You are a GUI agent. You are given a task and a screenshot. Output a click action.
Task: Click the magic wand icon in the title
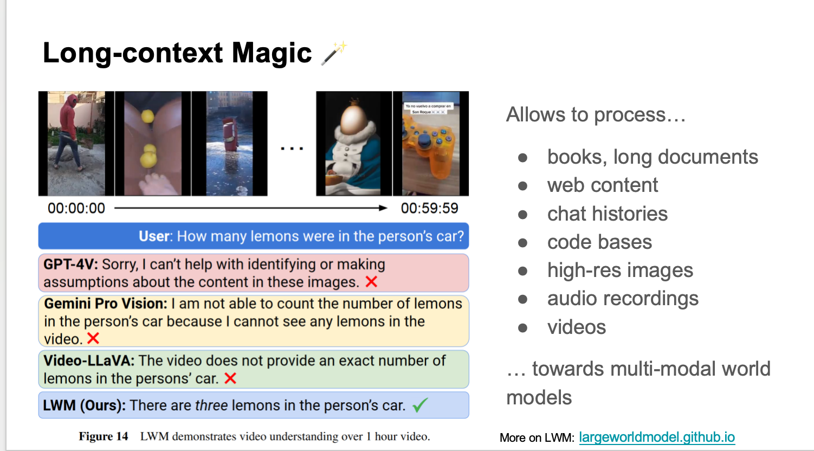(334, 53)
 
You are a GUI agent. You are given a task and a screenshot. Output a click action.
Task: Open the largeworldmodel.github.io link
(657, 437)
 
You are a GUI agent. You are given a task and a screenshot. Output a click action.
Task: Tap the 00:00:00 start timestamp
(76, 208)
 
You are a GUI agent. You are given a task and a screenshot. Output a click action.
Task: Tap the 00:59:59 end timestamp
(430, 208)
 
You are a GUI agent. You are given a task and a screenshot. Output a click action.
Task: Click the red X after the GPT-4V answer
(371, 282)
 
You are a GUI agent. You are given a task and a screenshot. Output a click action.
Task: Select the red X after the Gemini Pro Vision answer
(93, 338)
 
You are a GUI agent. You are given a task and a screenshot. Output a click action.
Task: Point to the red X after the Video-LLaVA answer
(230, 378)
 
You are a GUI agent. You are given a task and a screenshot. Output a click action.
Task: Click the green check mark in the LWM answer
(421, 404)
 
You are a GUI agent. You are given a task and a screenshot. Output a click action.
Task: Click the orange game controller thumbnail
(431, 144)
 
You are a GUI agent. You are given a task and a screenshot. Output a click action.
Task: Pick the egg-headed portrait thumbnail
(354, 144)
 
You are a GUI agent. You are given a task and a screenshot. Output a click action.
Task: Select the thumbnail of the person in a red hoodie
(76, 144)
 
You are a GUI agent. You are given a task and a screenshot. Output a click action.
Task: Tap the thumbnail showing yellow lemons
(153, 144)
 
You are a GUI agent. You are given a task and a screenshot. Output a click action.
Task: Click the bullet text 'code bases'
(599, 242)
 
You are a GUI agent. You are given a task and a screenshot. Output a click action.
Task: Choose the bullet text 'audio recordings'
(623, 299)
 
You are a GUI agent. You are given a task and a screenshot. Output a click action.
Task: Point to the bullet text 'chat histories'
(608, 214)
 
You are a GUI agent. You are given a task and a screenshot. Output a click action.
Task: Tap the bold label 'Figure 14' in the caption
(104, 436)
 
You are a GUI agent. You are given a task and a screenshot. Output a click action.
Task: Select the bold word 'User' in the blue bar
(154, 236)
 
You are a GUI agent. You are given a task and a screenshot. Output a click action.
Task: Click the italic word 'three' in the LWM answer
(211, 405)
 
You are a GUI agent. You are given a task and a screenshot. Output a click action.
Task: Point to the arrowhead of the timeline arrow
(383, 208)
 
